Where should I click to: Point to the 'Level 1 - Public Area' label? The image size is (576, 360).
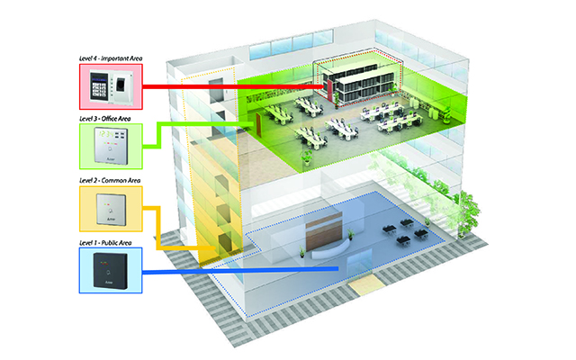pyautogui.click(x=108, y=240)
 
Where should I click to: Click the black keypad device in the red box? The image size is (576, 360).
pyautogui.click(x=98, y=88)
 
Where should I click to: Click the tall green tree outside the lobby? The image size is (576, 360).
pyautogui.click(x=462, y=209)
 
